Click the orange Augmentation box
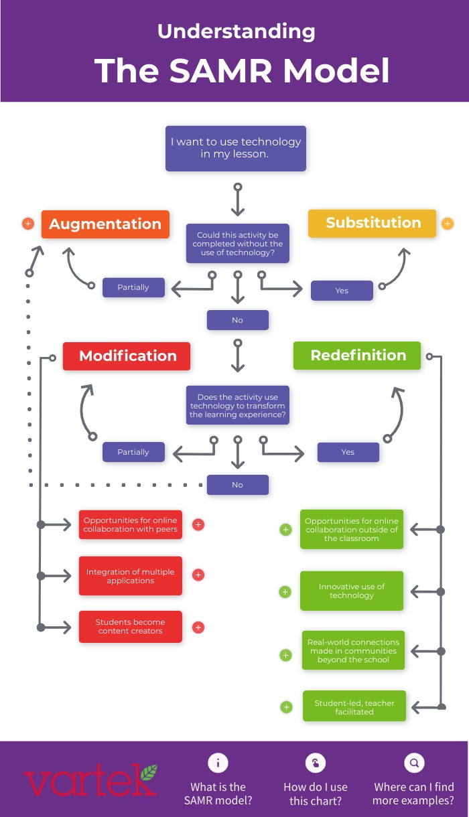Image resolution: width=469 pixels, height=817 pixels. [105, 224]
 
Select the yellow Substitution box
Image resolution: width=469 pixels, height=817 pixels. [372, 223]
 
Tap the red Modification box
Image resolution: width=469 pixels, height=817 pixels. [127, 356]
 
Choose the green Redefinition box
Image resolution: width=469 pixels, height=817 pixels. [357, 356]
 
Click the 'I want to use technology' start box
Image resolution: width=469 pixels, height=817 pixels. [236, 148]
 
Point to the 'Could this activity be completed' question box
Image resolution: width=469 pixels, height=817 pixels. [237, 244]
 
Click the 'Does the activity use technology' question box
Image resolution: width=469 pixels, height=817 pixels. [237, 406]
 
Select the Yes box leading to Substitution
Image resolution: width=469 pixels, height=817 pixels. [342, 291]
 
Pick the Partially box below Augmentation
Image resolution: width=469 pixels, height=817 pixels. [133, 287]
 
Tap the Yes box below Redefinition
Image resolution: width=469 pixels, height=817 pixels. [348, 452]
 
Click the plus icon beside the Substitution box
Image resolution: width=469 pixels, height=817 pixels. [448, 224]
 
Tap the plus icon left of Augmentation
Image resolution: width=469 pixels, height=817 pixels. [28, 224]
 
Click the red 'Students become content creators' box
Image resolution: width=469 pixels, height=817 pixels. [130, 627]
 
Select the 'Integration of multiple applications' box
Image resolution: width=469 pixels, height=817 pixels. [130, 576]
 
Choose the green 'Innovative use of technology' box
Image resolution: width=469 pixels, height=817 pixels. [352, 591]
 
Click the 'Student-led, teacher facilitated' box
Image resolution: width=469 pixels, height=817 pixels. [354, 707]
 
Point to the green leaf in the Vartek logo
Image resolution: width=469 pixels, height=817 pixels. [148, 773]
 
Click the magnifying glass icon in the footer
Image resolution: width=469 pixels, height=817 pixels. [414, 763]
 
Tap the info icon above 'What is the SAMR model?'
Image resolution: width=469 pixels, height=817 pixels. [218, 763]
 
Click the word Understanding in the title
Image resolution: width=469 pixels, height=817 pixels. [236, 31]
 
